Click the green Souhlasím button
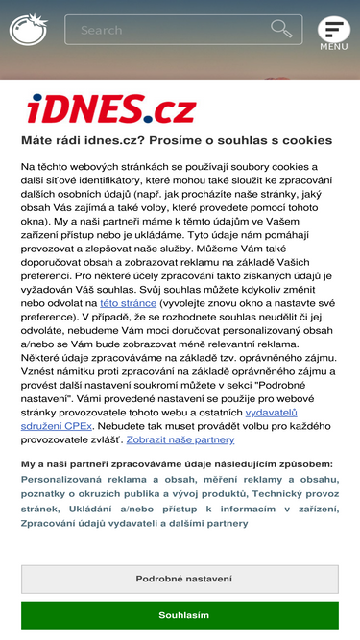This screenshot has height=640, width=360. pyautogui.click(x=183, y=615)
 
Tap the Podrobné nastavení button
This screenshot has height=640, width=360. pyautogui.click(x=183, y=579)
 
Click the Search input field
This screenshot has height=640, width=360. pyautogui.click(x=163, y=30)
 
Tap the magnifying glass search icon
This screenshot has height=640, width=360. pyautogui.click(x=281, y=29)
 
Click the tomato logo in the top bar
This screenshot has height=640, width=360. pyautogui.click(x=28, y=29)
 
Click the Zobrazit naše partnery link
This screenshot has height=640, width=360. pyautogui.click(x=180, y=439)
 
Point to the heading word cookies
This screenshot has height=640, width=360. pyautogui.click(x=302, y=140)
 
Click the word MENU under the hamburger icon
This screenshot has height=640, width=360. pyautogui.click(x=333, y=46)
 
